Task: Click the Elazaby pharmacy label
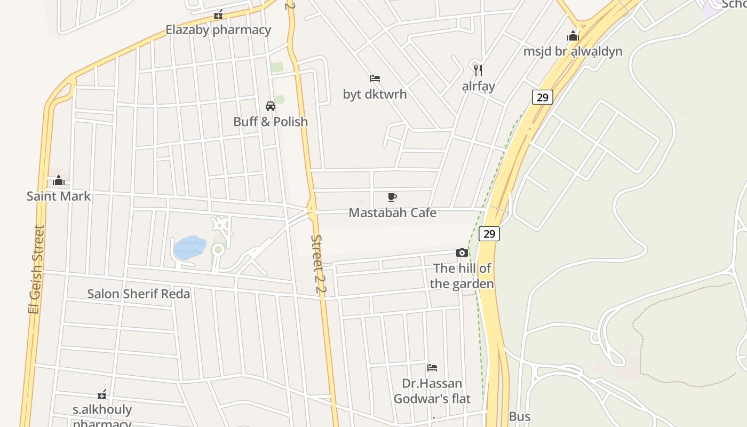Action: tap(218, 30)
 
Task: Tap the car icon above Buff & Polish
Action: tap(271, 106)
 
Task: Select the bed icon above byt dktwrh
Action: tap(375, 78)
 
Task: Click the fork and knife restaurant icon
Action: tap(478, 70)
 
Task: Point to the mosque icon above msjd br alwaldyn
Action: tap(573, 36)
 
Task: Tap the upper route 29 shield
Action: tap(542, 97)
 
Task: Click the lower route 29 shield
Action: tap(489, 234)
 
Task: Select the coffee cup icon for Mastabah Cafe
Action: tap(392, 197)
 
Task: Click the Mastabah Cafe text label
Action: tap(392, 213)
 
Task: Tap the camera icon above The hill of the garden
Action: tap(462, 252)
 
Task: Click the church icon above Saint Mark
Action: tap(59, 180)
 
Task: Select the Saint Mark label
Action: tap(59, 196)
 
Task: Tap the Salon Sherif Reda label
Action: tap(138, 294)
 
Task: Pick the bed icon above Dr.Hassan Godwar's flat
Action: tap(432, 367)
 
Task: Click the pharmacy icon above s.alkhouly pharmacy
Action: tap(102, 394)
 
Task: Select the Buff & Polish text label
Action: tap(271, 122)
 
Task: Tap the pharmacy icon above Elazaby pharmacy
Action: tap(218, 14)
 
